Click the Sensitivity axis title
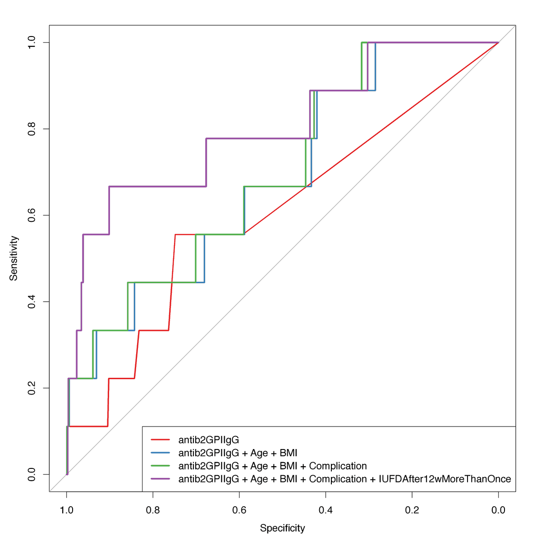(14, 258)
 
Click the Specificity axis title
(282, 528)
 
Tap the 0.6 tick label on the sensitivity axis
(32, 215)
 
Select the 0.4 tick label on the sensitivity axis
(32, 302)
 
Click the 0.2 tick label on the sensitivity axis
(32, 388)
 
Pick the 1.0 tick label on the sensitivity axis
(32, 42)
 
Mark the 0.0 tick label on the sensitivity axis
(32, 474)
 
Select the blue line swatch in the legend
(160, 453)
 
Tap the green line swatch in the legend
(160, 466)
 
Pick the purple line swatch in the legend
(160, 479)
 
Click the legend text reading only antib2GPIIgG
(208, 440)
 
